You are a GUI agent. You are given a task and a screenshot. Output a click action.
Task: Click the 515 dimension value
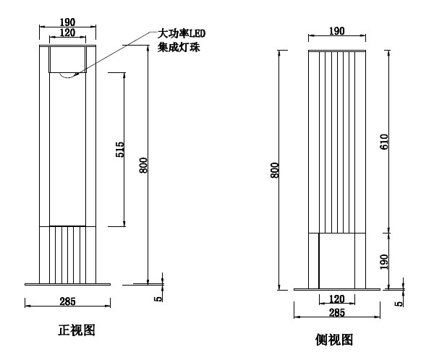tap(120, 150)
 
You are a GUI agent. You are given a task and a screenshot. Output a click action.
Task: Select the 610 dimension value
tap(384, 142)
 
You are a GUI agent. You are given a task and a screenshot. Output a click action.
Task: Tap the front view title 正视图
tap(76, 331)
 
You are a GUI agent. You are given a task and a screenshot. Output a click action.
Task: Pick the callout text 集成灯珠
tap(178, 48)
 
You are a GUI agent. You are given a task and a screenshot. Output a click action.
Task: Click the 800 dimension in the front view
tap(144, 165)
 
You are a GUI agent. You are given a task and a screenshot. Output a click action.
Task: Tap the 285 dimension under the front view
tap(68, 300)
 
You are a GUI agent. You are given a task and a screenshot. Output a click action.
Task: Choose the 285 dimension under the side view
tap(336, 313)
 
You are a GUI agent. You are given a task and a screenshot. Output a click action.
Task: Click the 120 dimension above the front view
tap(67, 33)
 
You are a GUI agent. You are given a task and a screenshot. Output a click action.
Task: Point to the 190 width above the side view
tap(336, 31)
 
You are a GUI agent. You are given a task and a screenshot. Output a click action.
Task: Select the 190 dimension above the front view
tap(67, 22)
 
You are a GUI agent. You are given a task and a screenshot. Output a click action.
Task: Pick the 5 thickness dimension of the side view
tap(399, 303)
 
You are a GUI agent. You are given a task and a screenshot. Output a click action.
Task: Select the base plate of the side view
tap(336, 288)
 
